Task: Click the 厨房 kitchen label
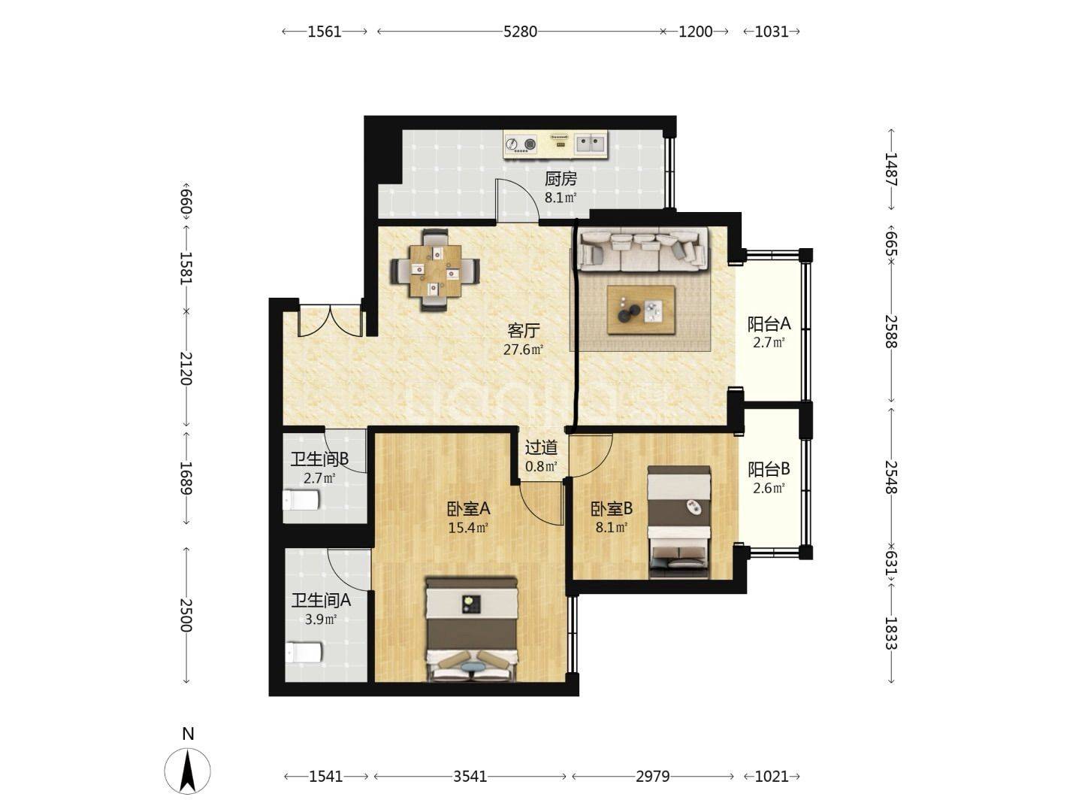(x=561, y=179)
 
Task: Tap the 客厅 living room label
(x=524, y=330)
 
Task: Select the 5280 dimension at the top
(x=520, y=32)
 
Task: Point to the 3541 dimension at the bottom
(x=470, y=777)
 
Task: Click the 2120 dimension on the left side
(x=186, y=368)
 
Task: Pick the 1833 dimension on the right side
(x=890, y=633)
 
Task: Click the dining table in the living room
(x=436, y=271)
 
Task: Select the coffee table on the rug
(x=641, y=310)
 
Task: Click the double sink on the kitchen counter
(x=590, y=144)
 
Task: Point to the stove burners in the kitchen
(x=521, y=144)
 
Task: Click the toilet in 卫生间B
(x=301, y=500)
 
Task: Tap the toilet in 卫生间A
(x=304, y=652)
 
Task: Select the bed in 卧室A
(x=472, y=629)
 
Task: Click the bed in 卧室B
(x=679, y=522)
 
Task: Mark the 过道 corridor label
(x=541, y=447)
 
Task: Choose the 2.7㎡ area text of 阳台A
(x=769, y=342)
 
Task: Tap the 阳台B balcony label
(x=769, y=468)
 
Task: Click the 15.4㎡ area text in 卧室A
(x=468, y=528)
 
